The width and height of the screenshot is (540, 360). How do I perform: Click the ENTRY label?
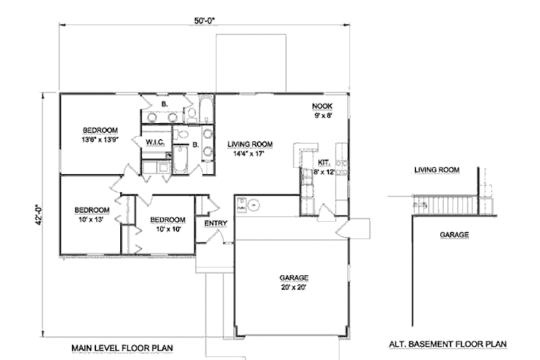215,223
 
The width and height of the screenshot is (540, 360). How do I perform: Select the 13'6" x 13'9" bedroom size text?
101,140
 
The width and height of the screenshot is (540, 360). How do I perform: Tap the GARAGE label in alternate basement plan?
454,236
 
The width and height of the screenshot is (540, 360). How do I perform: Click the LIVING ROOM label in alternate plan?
436,170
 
